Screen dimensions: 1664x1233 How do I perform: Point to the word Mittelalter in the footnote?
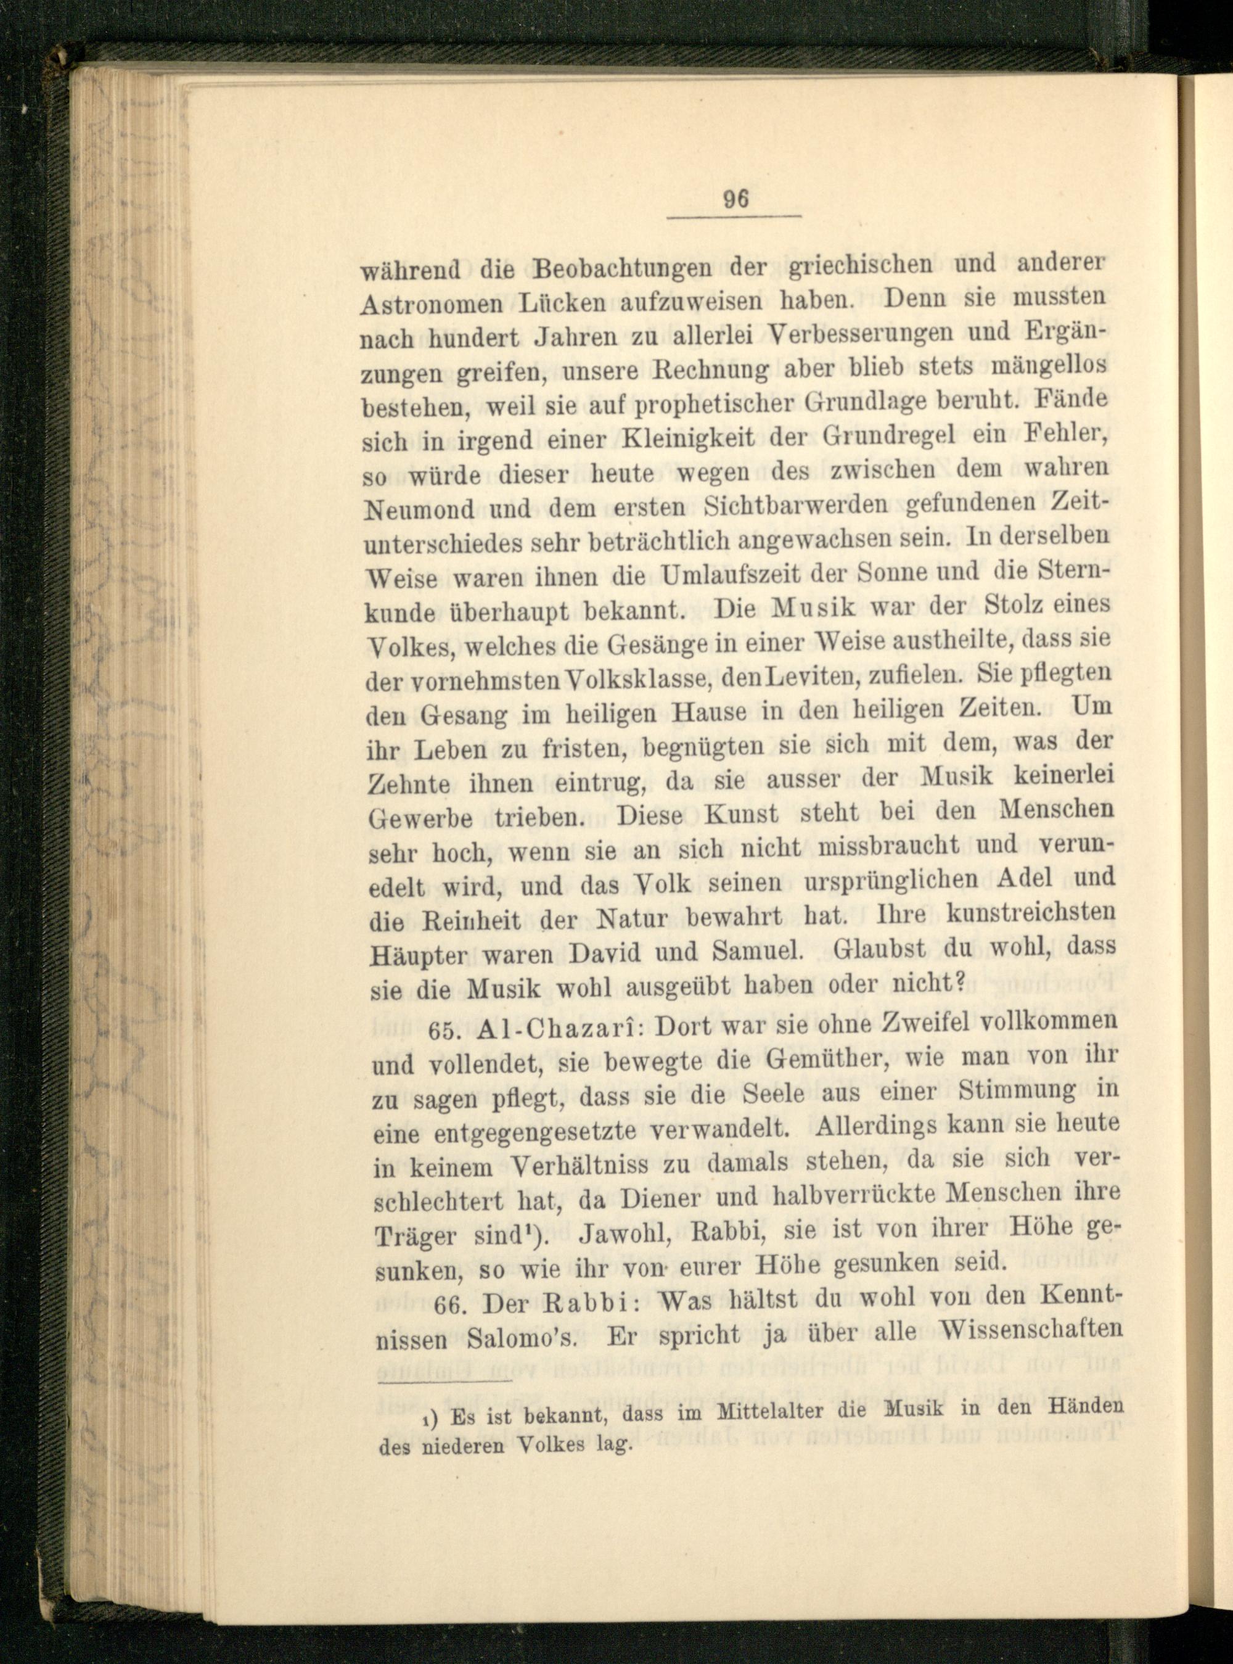758,1405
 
